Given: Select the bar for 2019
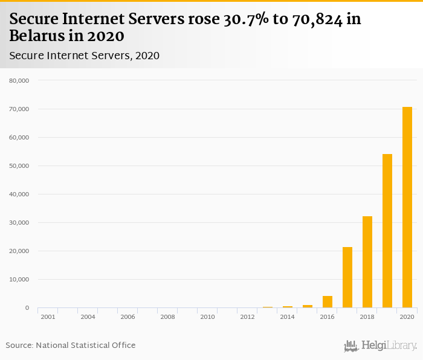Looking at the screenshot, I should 387,231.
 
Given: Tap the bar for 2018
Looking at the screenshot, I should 367,262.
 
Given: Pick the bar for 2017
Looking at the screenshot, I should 347,277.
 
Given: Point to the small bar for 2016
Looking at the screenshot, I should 328,301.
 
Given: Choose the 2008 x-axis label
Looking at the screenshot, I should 167,317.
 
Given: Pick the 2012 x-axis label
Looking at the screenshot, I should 247,317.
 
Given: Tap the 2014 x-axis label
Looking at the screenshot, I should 287,317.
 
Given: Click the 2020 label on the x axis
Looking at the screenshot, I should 407,317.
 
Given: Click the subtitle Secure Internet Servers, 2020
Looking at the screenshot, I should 85,56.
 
